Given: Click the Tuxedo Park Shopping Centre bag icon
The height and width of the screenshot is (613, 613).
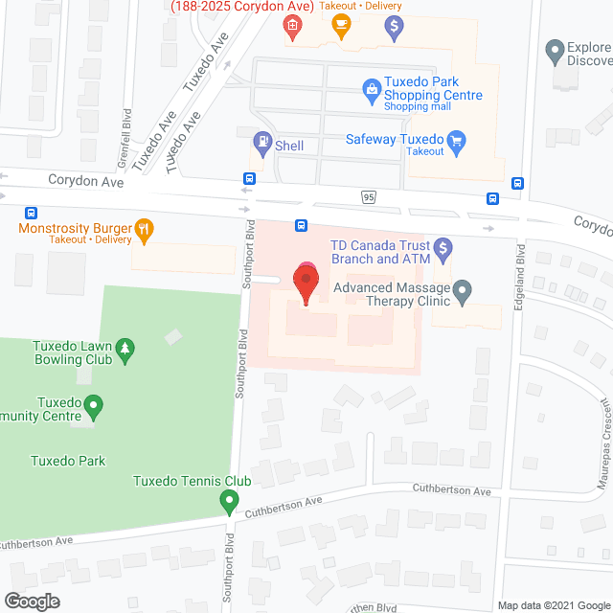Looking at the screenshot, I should [371, 90].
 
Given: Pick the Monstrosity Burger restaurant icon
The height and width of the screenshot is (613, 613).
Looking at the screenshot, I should [145, 228].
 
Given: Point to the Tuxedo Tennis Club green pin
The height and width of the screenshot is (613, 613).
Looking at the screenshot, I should [229, 500].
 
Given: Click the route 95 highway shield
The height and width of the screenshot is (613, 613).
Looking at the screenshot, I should [369, 196].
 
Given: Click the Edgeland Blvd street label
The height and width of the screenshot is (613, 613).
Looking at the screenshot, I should [521, 273].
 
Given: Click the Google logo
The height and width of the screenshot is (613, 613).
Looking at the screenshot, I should [31, 601].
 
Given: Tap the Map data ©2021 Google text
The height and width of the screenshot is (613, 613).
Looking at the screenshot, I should [553, 604].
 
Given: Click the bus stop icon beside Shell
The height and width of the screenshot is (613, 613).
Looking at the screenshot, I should [249, 178].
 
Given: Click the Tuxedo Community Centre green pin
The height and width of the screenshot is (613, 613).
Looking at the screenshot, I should [93, 407].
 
